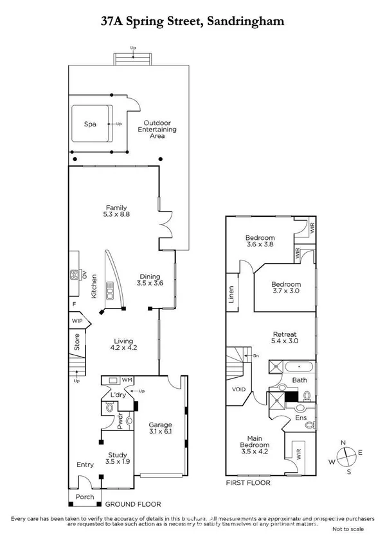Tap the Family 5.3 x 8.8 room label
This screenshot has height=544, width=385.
[x=116, y=211]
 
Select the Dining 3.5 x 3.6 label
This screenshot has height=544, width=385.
[x=152, y=281]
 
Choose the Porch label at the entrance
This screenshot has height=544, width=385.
[x=85, y=497]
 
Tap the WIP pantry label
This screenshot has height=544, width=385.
[x=77, y=321]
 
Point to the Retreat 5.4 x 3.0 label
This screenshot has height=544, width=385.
[x=285, y=337]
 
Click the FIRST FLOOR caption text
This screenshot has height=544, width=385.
[x=248, y=482]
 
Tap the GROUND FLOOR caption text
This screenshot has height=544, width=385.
[x=133, y=504]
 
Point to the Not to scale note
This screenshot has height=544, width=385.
[x=348, y=529]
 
